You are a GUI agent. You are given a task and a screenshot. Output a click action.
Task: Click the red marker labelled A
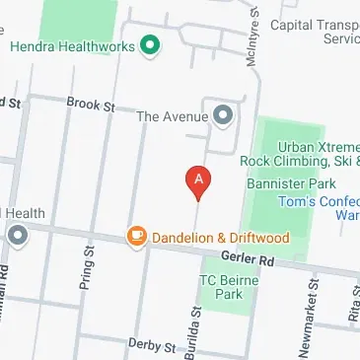click(x=199, y=180)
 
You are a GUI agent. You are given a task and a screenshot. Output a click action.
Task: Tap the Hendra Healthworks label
click(x=71, y=45)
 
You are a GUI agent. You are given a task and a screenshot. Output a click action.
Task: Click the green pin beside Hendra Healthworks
click(x=150, y=44)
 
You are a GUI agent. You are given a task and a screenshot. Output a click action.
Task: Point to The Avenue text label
click(x=173, y=116)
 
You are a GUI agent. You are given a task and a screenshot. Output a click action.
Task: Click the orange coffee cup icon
click(x=136, y=236)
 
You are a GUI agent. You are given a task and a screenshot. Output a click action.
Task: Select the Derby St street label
click(x=151, y=346)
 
